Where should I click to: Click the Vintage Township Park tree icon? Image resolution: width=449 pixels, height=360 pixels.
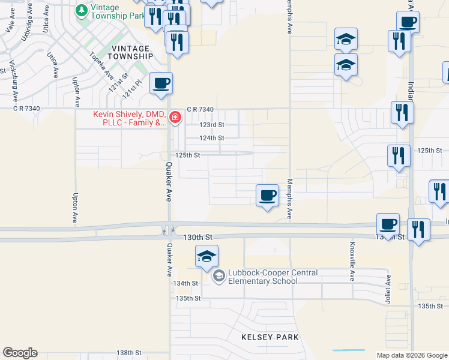pos(81,11)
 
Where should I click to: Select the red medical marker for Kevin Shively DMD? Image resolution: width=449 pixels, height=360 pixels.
pos(175,117)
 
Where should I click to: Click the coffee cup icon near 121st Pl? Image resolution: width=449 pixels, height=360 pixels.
pos(160,83)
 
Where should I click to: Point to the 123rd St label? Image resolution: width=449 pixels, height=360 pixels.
pos(212,125)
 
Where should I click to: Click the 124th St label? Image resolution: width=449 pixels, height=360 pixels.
pos(212,138)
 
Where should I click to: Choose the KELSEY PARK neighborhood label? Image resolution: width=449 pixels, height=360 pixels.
pos(270,337)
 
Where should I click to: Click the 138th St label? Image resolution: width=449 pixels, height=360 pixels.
pos(128,353)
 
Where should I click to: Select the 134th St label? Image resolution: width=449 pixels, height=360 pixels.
pos(186,283)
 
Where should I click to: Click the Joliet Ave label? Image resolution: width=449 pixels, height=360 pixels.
pos(388,289)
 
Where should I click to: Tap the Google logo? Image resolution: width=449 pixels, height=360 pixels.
pos(20,353)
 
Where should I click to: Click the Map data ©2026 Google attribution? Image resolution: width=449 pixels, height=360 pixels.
pos(412,355)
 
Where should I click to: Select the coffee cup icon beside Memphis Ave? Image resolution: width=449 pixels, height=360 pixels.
pos(267,195)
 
